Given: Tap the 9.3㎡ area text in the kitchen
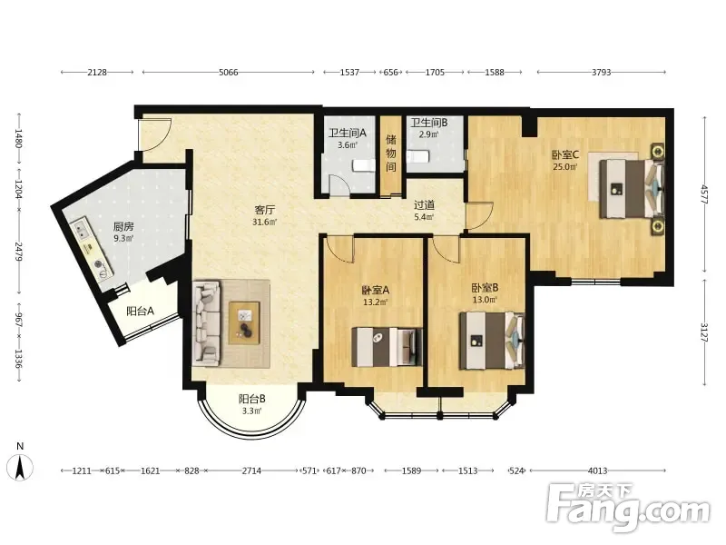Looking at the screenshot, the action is point(123,239).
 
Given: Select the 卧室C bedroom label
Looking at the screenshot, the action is point(565,154).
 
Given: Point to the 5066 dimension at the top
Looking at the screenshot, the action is point(229,73).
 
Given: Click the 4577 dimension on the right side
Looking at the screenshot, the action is point(704,194).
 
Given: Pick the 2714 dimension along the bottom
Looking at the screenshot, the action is point(251,471).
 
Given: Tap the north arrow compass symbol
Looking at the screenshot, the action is point(20,467).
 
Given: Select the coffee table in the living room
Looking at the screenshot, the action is point(244,322).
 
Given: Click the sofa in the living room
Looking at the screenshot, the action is point(207,322).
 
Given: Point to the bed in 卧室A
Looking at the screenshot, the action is point(388,347).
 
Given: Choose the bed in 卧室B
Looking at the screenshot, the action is point(492,341).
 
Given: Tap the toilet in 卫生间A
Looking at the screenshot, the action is point(364,165).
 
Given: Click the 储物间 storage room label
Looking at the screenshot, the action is point(391,153).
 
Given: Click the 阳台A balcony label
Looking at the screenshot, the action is point(141,312).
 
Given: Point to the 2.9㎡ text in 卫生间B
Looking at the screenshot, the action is point(428,134).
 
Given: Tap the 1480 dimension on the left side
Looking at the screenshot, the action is point(18,138).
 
